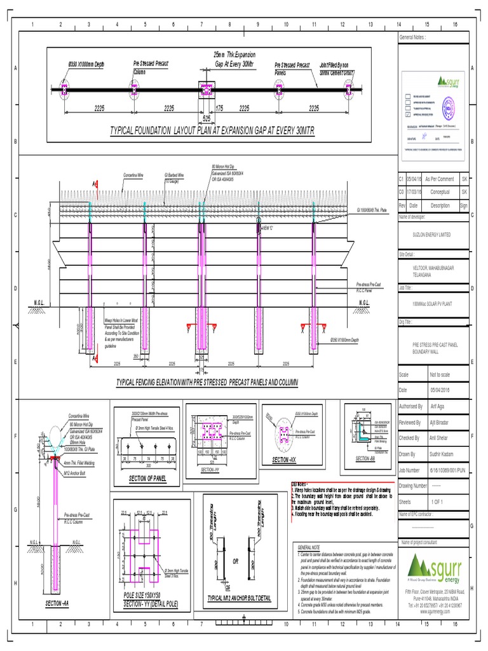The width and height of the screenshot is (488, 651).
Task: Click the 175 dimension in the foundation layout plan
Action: coord(219,108)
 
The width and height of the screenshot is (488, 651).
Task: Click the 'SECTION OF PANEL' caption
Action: coord(147,477)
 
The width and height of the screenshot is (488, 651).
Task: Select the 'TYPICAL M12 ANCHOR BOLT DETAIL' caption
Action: coord(239,598)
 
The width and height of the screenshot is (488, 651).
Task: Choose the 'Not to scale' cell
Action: coord(439,375)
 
